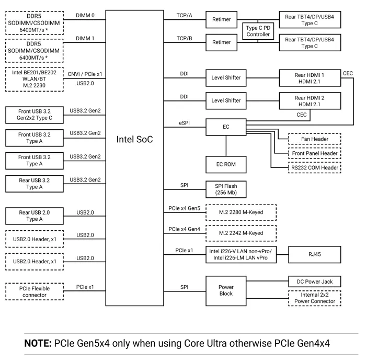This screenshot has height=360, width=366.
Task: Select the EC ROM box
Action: tap(226, 164)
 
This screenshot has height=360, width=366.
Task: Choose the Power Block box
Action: tap(226, 290)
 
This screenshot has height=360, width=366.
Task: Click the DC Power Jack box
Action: tap(314, 282)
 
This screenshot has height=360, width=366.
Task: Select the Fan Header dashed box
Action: tap(314, 140)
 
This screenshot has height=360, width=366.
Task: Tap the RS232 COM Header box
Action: tap(314, 168)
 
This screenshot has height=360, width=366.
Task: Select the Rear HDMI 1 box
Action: tap(310, 78)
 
